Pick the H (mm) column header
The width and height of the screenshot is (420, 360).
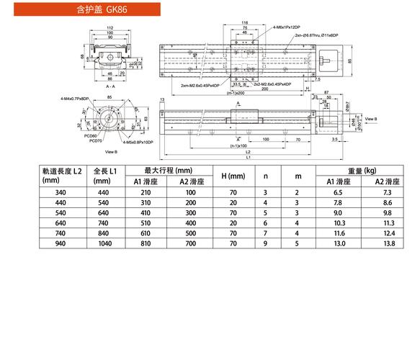click(x=233, y=176)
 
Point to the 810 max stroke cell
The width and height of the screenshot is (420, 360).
click(x=146, y=244)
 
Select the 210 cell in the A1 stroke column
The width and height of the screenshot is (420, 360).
click(x=146, y=193)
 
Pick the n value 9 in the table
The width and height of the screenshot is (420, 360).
click(x=266, y=244)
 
